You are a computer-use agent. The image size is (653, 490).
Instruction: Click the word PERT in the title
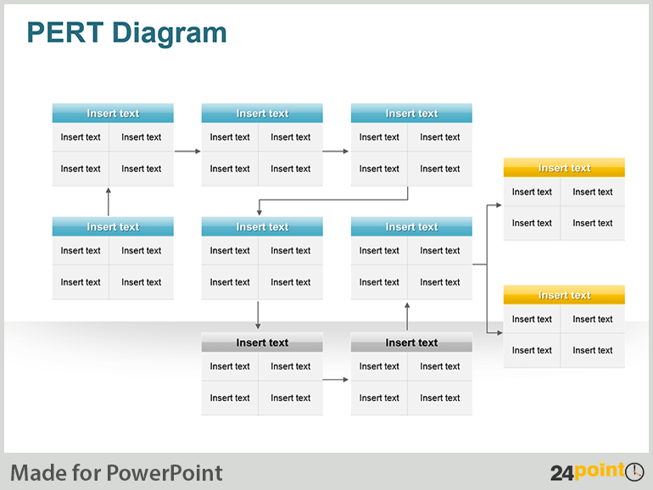65,32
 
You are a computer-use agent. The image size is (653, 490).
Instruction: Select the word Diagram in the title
169,34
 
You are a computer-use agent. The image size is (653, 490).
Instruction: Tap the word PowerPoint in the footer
165,473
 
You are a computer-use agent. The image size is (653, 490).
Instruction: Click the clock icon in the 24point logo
634,471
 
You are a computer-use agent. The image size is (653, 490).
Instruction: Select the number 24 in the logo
562,473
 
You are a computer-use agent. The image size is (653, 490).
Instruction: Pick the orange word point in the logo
600,471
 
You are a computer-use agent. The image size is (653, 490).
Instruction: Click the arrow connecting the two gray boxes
336,379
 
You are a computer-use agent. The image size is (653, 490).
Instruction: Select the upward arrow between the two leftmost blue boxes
109,202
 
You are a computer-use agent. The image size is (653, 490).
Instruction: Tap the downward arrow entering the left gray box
258,315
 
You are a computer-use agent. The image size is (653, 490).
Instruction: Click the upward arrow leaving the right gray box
407,316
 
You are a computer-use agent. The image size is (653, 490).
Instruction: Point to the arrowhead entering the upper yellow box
499,205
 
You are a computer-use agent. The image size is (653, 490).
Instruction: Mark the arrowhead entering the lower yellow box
500,332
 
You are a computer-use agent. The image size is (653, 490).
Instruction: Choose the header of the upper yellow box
564,168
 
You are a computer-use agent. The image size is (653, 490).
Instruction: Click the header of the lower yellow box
564,295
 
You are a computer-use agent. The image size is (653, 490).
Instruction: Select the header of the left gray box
262,342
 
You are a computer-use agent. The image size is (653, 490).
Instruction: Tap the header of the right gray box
411,342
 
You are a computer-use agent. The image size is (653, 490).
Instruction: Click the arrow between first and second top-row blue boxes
187,151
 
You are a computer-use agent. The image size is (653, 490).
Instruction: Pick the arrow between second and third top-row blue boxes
336,151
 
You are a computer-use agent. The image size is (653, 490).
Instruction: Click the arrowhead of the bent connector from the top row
259,212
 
